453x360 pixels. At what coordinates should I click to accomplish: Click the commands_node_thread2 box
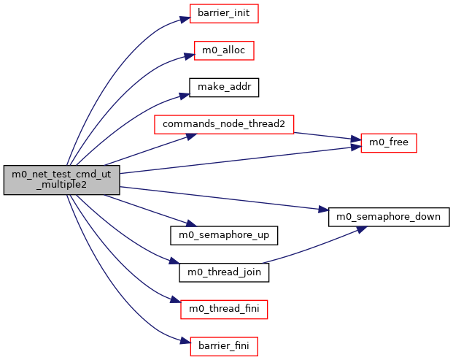(224, 124)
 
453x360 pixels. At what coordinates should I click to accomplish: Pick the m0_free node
(389, 143)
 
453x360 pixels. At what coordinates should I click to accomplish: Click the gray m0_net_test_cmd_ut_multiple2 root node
(61, 180)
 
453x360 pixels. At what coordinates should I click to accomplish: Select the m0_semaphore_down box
(389, 217)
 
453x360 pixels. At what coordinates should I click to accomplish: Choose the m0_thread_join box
(224, 272)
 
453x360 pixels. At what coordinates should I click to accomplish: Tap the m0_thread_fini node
(224, 309)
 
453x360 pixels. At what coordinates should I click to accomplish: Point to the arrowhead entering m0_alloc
(189, 55)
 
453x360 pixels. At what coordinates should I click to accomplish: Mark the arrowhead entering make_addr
(185, 92)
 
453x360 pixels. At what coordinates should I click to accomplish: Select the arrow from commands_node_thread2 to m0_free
(325, 136)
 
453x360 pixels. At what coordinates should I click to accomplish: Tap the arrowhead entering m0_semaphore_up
(185, 226)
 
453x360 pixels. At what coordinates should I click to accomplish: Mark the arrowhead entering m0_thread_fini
(176, 302)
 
